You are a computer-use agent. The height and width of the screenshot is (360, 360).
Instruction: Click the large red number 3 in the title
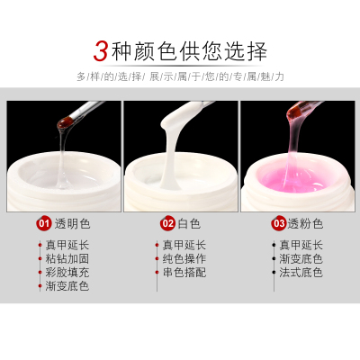pyautogui.click(x=101, y=51)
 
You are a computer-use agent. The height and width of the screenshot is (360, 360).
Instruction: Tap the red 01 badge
pyautogui.click(x=44, y=224)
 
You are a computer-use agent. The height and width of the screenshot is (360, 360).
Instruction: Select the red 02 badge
pyautogui.click(x=167, y=224)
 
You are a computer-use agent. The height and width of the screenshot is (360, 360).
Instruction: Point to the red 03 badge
pyautogui.click(x=279, y=224)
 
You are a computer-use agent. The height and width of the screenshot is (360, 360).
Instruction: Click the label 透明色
pyautogui.click(x=72, y=224)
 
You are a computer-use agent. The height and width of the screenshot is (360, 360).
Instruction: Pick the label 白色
pyautogui.click(x=189, y=224)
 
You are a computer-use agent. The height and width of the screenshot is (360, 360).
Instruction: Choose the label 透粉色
pyautogui.click(x=305, y=224)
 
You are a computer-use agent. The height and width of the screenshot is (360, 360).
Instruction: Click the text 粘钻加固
pyautogui.click(x=67, y=259)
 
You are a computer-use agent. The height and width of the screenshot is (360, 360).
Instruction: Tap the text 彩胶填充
pyautogui.click(x=67, y=273)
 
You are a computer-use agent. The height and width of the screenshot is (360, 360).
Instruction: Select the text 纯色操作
pyautogui.click(x=184, y=259)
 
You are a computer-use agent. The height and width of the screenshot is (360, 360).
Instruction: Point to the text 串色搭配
pyautogui.click(x=184, y=273)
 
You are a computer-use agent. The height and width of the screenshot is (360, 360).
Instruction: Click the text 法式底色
pyautogui.click(x=301, y=273)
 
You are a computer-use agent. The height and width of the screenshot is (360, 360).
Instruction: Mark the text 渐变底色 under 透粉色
pyautogui.click(x=301, y=259)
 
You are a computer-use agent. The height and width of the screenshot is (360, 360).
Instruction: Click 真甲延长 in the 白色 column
pyautogui.click(x=184, y=246)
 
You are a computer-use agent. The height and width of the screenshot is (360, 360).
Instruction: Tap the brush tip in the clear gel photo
pyautogui.click(x=63, y=123)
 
